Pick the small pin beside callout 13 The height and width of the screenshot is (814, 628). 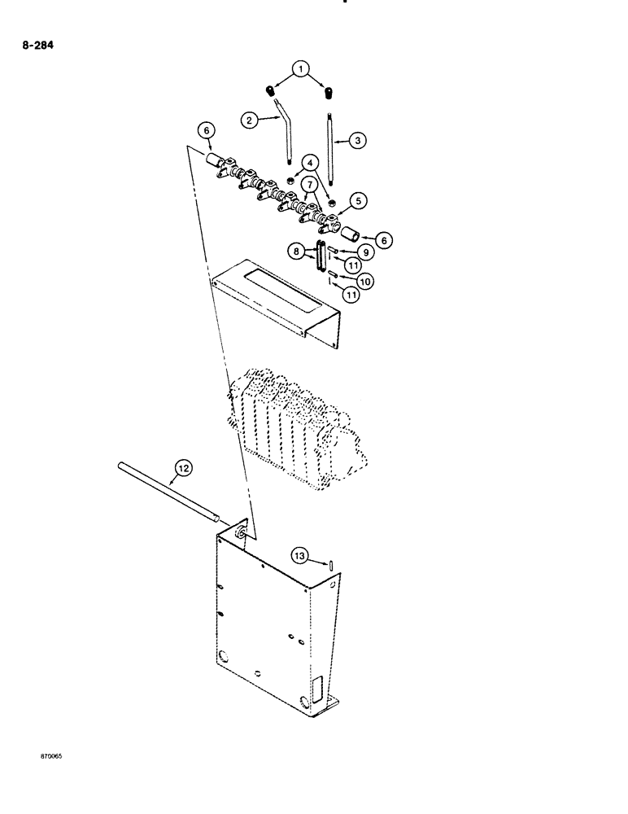click(x=333, y=564)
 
